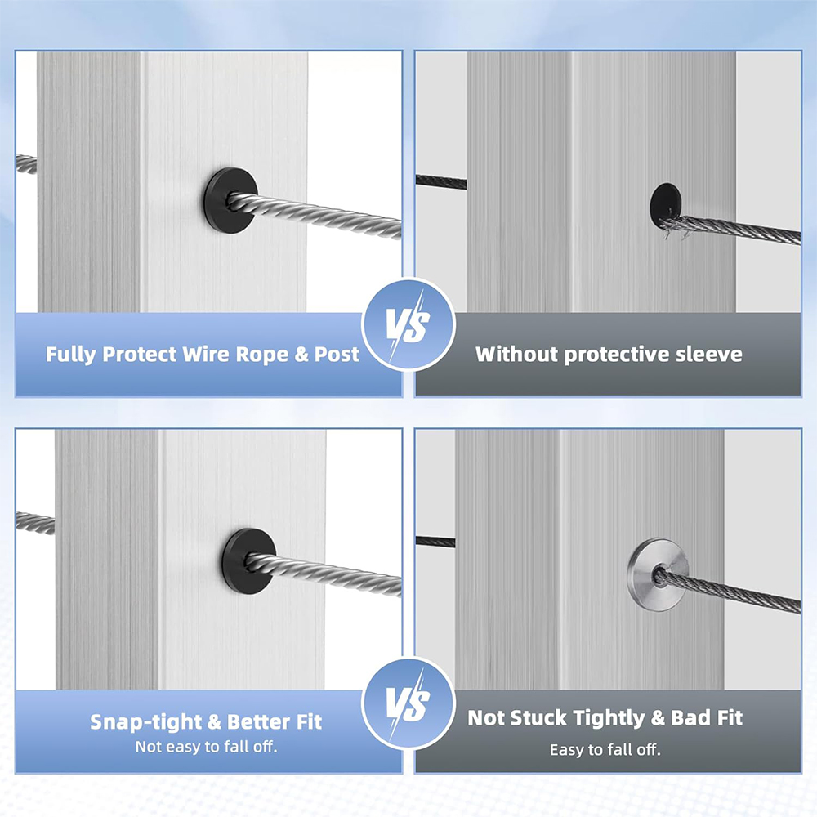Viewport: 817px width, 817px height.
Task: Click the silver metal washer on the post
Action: pyautogui.click(x=658, y=574)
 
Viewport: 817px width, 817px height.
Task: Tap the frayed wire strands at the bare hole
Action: pyautogui.click(x=672, y=227)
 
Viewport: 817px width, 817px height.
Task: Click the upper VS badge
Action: pyautogui.click(x=408, y=325)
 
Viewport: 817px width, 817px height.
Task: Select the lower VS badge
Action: pyautogui.click(x=408, y=704)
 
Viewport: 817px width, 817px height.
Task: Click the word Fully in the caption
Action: pyautogui.click(x=71, y=355)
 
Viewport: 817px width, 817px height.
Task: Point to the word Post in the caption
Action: pyautogui.click(x=337, y=355)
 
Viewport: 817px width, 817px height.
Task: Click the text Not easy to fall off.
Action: pyautogui.click(x=207, y=747)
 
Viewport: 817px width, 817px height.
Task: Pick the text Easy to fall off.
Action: pyautogui.click(x=605, y=750)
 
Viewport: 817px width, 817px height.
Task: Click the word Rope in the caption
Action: pyautogui.click(x=262, y=355)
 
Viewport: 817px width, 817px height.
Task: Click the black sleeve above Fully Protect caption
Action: pyautogui.click(x=230, y=200)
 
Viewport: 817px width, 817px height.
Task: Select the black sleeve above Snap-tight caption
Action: pyautogui.click(x=248, y=561)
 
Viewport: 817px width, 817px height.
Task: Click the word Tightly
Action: pyautogui.click(x=609, y=718)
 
